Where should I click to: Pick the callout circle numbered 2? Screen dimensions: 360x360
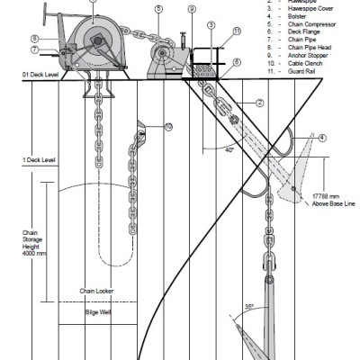click(x=259, y=103)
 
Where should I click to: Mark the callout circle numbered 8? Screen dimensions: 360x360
click(x=34, y=39)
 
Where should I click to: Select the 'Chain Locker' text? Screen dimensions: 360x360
click(x=94, y=291)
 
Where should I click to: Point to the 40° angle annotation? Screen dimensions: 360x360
click(x=230, y=149)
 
